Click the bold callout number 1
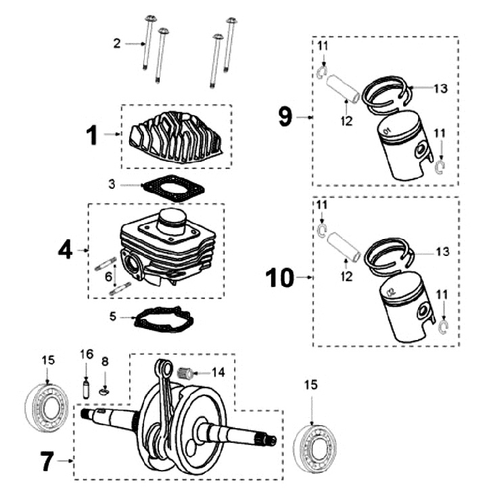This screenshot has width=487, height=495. (x=92, y=135)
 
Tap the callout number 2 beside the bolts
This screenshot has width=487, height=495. (x=117, y=43)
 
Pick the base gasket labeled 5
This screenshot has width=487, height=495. (x=164, y=320)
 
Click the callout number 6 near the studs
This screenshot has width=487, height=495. (x=108, y=277)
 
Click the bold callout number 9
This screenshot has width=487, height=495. (x=285, y=116)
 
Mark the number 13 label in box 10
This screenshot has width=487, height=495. (x=442, y=251)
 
